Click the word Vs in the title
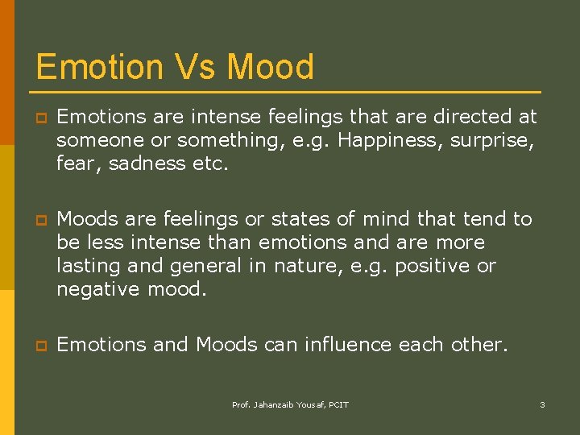coord(195,66)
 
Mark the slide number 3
coord(542,404)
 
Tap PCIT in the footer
coord(338,404)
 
